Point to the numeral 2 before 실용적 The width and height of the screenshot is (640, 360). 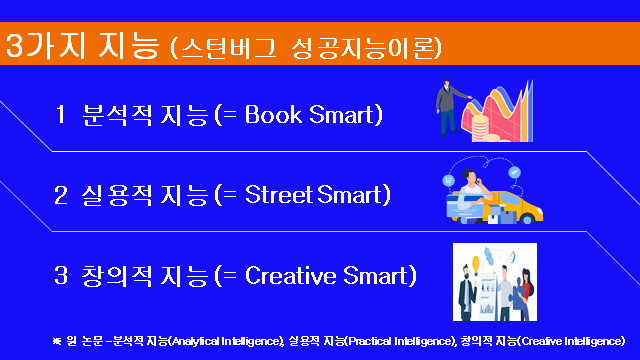pos(61,193)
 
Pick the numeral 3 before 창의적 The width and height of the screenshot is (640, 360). pos(61,273)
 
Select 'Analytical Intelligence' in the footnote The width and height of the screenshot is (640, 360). pos(226,342)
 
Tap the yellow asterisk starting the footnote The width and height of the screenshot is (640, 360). pos(57,341)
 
